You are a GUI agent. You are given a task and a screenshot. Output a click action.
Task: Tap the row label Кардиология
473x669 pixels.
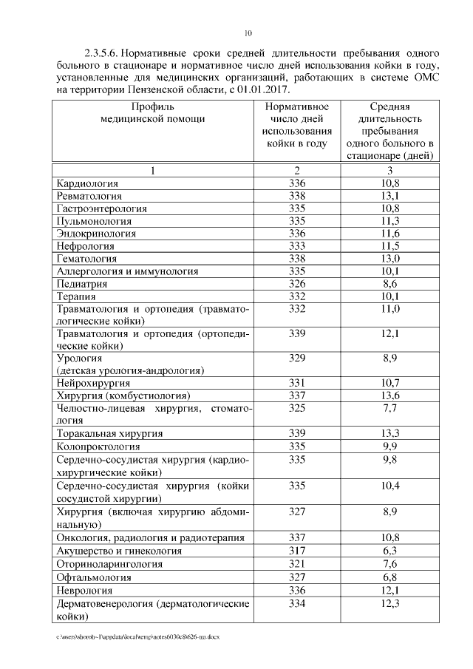click(x=87, y=183)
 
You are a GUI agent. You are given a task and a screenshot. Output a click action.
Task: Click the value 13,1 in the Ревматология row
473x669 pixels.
click(x=390, y=196)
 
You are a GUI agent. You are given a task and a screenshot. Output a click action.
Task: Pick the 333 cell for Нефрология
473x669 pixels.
click(x=297, y=245)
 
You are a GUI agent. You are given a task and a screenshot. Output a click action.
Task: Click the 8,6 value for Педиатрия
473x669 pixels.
click(x=390, y=284)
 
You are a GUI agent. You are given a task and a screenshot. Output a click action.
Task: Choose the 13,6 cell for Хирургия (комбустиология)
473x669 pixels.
click(x=390, y=395)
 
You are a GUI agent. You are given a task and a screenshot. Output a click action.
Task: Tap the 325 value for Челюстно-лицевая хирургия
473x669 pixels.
click(x=297, y=408)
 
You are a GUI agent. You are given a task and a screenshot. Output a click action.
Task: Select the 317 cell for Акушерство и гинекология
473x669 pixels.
click(x=297, y=551)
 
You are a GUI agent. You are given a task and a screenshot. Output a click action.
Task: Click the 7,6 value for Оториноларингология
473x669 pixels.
click(x=390, y=564)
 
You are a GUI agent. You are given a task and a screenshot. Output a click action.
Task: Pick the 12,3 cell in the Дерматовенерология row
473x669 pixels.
click(x=390, y=603)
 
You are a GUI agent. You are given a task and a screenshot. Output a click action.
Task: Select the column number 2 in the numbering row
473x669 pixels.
click(x=297, y=171)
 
